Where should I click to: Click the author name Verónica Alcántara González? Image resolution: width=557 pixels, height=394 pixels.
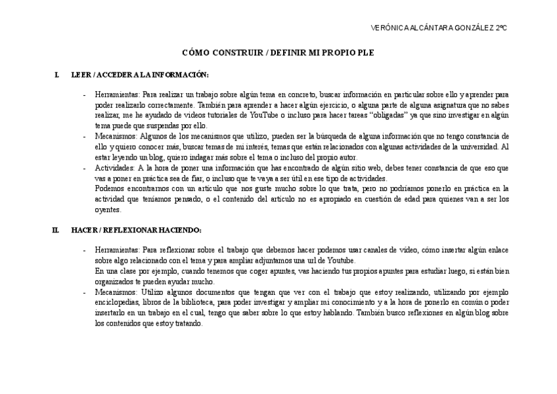(x=432, y=28)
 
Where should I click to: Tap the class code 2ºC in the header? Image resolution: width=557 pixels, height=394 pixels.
(x=500, y=28)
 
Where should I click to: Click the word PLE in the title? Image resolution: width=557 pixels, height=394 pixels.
(x=366, y=53)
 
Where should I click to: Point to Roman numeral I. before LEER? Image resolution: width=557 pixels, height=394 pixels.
(x=57, y=75)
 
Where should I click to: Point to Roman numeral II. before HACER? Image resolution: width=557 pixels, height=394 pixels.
(x=56, y=230)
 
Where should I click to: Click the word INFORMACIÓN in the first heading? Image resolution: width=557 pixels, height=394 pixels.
(x=183, y=75)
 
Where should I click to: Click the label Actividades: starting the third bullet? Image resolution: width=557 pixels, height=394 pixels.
(x=115, y=168)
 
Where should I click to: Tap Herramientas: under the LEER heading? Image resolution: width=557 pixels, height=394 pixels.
(x=117, y=95)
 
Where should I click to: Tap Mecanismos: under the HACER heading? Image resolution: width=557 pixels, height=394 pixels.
(x=116, y=292)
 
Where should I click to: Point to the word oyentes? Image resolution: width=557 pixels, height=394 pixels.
(x=108, y=210)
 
